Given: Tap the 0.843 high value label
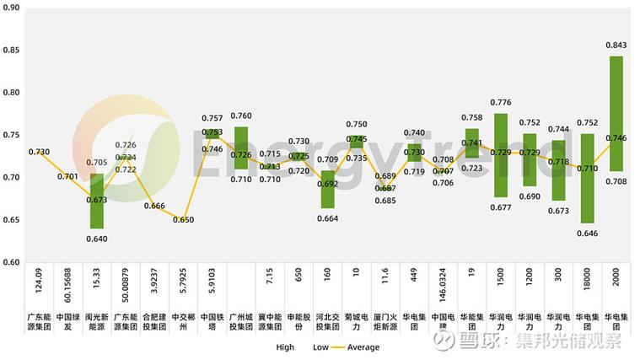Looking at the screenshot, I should [x=616, y=46].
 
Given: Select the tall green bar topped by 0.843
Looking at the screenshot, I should [x=616, y=114].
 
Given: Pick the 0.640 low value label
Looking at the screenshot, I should [x=97, y=238].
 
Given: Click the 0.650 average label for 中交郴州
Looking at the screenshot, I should [x=183, y=219].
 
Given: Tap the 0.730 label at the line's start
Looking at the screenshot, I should [x=39, y=152].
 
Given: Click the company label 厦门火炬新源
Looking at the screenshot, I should [x=385, y=321].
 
